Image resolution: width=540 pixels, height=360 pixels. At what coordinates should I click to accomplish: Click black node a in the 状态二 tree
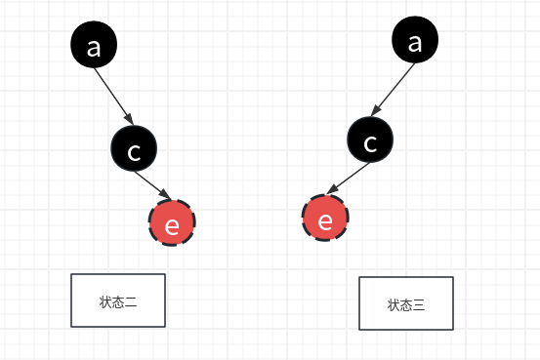click(x=94, y=47)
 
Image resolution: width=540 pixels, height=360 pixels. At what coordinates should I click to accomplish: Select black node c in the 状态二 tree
click(x=134, y=148)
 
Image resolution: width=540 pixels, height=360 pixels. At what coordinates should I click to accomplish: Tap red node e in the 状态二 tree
click(x=173, y=224)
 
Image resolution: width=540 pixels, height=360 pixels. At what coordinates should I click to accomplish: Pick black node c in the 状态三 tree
click(x=370, y=142)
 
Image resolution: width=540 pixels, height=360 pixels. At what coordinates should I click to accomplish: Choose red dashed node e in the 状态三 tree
click(x=325, y=220)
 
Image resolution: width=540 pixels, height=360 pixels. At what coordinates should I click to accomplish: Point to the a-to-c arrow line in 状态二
click(x=114, y=98)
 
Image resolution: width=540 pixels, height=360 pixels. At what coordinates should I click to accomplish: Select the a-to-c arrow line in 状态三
click(x=393, y=93)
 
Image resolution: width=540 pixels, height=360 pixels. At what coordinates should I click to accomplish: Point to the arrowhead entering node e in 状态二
click(x=166, y=199)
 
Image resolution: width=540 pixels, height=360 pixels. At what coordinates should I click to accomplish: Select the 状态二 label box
click(x=118, y=300)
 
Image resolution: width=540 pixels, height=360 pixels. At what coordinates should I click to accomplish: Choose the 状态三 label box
click(x=406, y=303)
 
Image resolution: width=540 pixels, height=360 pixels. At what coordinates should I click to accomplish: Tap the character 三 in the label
click(x=419, y=305)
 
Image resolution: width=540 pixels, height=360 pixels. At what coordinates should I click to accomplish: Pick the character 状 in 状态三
click(x=394, y=305)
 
